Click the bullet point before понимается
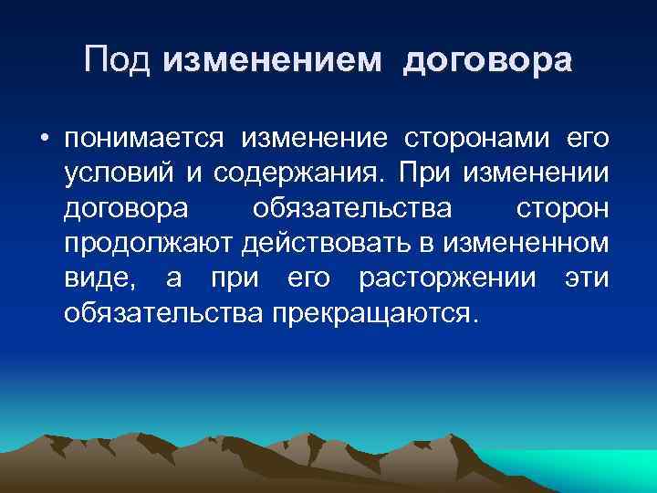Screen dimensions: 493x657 point(43,140)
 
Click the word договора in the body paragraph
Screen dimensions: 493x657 point(126,209)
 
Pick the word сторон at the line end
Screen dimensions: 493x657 point(561,209)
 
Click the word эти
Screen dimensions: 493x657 point(586,278)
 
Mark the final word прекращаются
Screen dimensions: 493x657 point(373,313)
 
